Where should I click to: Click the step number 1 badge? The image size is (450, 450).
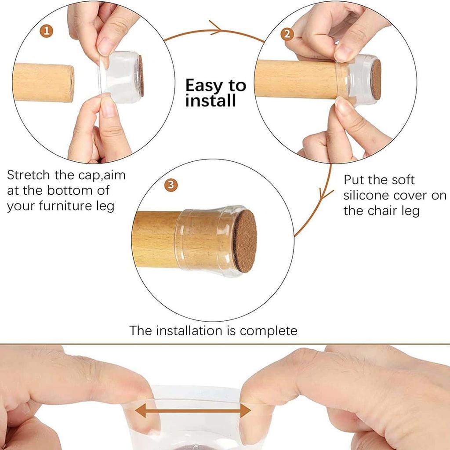47,31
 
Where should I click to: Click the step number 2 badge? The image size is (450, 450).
287,34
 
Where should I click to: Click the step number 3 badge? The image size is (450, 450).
171,185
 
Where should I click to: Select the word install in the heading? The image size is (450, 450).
210,101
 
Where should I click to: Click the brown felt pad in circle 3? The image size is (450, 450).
244,240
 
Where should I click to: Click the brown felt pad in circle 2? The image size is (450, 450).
376,80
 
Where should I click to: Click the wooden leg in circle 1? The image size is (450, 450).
43,83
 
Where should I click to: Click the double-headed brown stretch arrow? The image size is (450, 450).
192,411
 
